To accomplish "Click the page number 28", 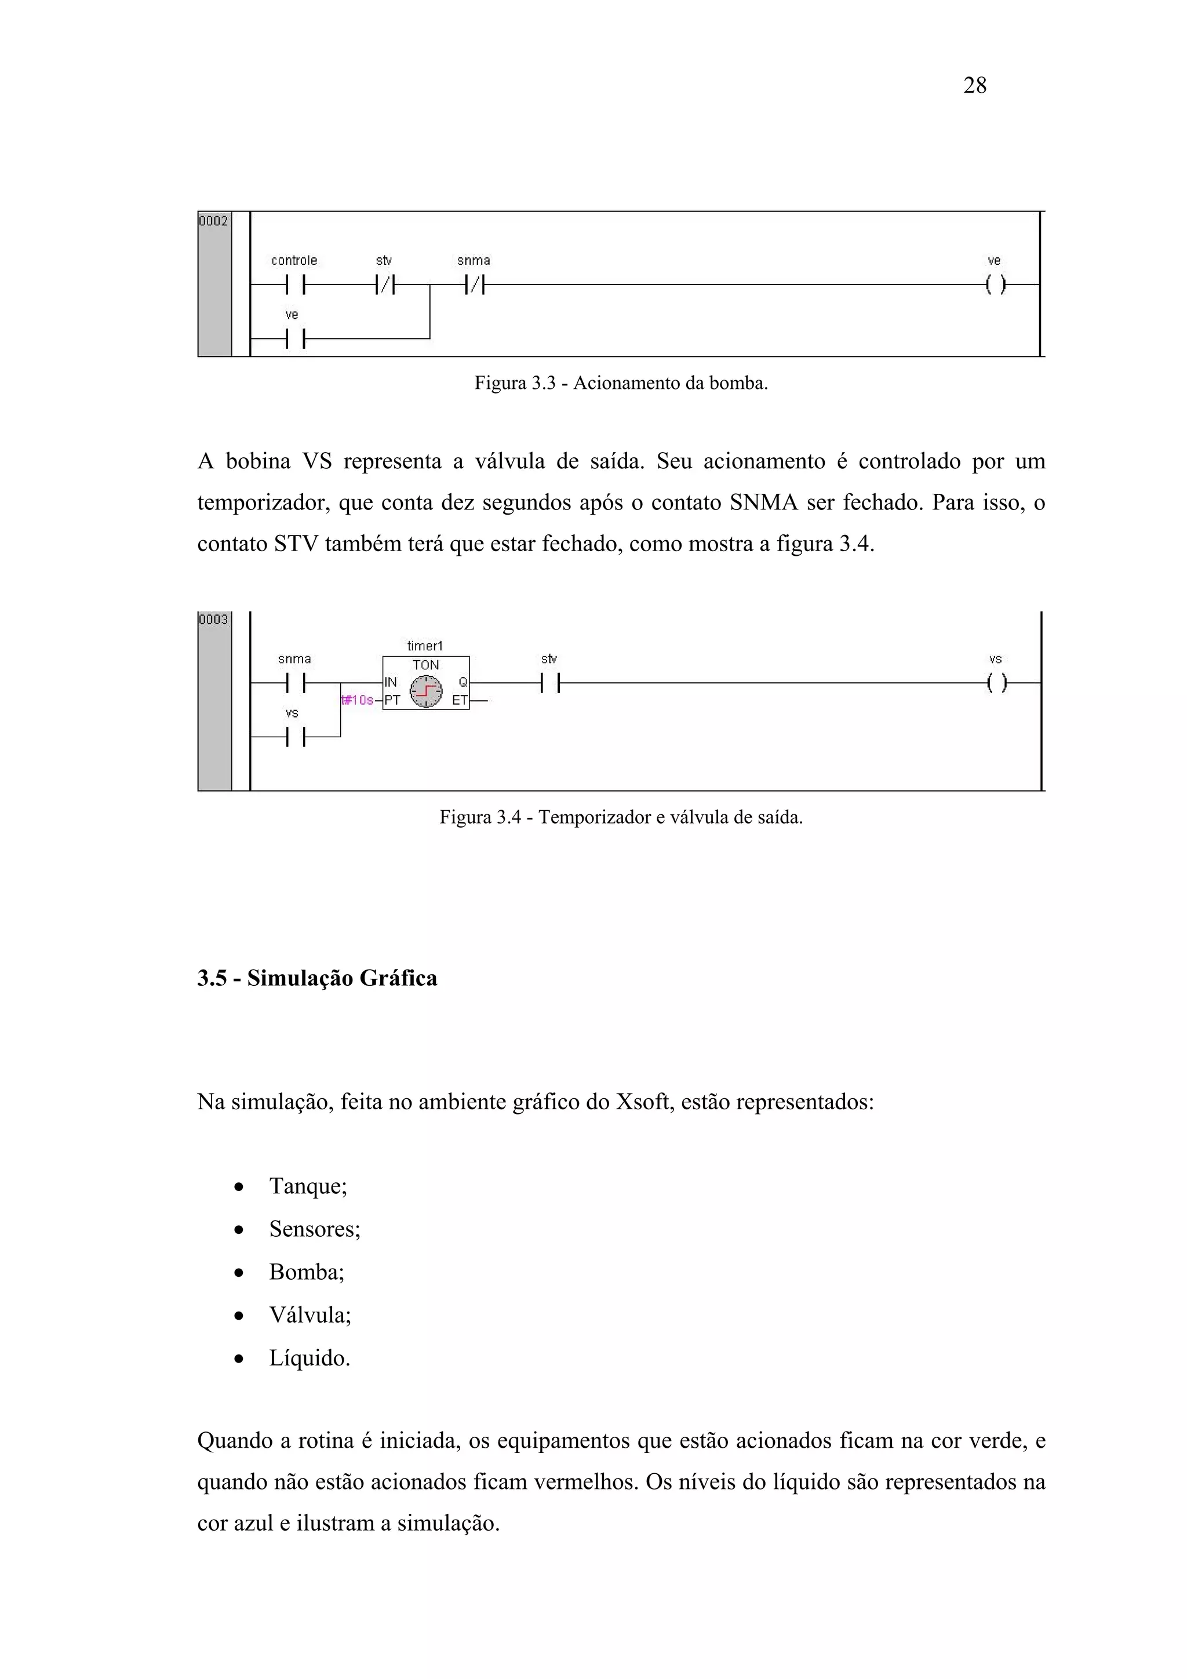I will click(974, 86).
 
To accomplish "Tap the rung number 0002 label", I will click(213, 221).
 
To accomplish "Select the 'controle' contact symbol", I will click(296, 285).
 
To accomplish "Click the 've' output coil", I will click(995, 285).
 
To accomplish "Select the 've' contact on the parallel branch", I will click(296, 338).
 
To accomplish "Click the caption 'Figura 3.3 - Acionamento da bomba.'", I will click(621, 383).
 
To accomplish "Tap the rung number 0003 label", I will click(213, 620).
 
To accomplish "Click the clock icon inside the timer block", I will click(425, 690).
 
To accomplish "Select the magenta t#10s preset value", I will click(358, 700).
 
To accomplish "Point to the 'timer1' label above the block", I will click(425, 646).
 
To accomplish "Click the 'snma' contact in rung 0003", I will click(296, 683).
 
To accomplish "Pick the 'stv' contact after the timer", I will click(550, 683).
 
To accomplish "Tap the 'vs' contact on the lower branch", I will click(296, 737).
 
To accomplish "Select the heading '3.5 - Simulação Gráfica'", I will click(318, 978).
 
